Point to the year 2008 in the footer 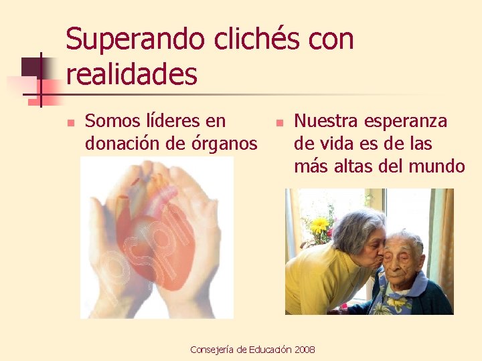(x=304, y=350)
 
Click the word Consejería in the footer (x=213, y=350)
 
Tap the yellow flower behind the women (x=321, y=225)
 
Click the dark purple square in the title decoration (x=32, y=66)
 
